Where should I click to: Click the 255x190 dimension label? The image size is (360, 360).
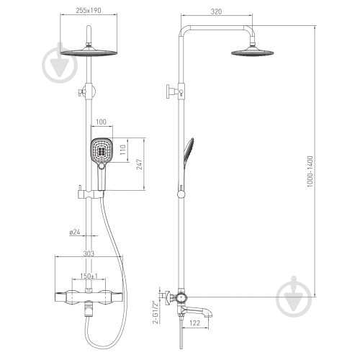click(89, 11)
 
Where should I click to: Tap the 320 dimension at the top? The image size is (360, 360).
click(216, 12)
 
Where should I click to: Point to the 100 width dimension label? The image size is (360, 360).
click(101, 122)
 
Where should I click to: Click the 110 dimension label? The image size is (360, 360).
click(122, 150)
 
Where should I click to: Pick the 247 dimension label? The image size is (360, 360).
click(140, 164)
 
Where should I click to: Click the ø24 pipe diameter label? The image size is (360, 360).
click(75, 232)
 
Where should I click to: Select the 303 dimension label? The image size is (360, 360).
click(89, 253)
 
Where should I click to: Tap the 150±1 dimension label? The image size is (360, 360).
click(89, 276)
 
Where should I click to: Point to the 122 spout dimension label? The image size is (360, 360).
click(194, 323)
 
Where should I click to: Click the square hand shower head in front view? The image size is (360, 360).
click(102, 150)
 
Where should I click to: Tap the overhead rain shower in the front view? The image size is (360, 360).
click(89, 53)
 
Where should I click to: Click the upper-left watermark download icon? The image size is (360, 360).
click(60, 63)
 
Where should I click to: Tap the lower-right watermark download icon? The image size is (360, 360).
click(294, 297)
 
